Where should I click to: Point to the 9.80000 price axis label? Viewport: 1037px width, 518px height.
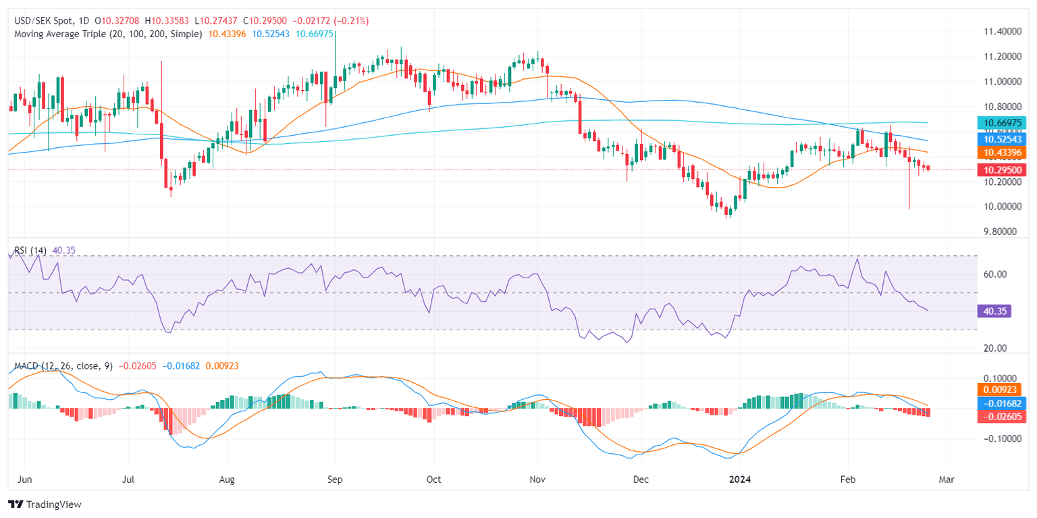1003,232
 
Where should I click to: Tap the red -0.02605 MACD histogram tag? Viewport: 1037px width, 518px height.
1004,417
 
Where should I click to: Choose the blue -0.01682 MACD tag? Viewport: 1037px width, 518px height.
1004,403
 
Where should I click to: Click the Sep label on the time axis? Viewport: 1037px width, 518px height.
335,480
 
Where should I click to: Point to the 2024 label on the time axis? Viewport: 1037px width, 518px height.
743,480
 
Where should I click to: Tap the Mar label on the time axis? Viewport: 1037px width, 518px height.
947,480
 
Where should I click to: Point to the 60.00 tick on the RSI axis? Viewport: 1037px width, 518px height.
996,274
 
